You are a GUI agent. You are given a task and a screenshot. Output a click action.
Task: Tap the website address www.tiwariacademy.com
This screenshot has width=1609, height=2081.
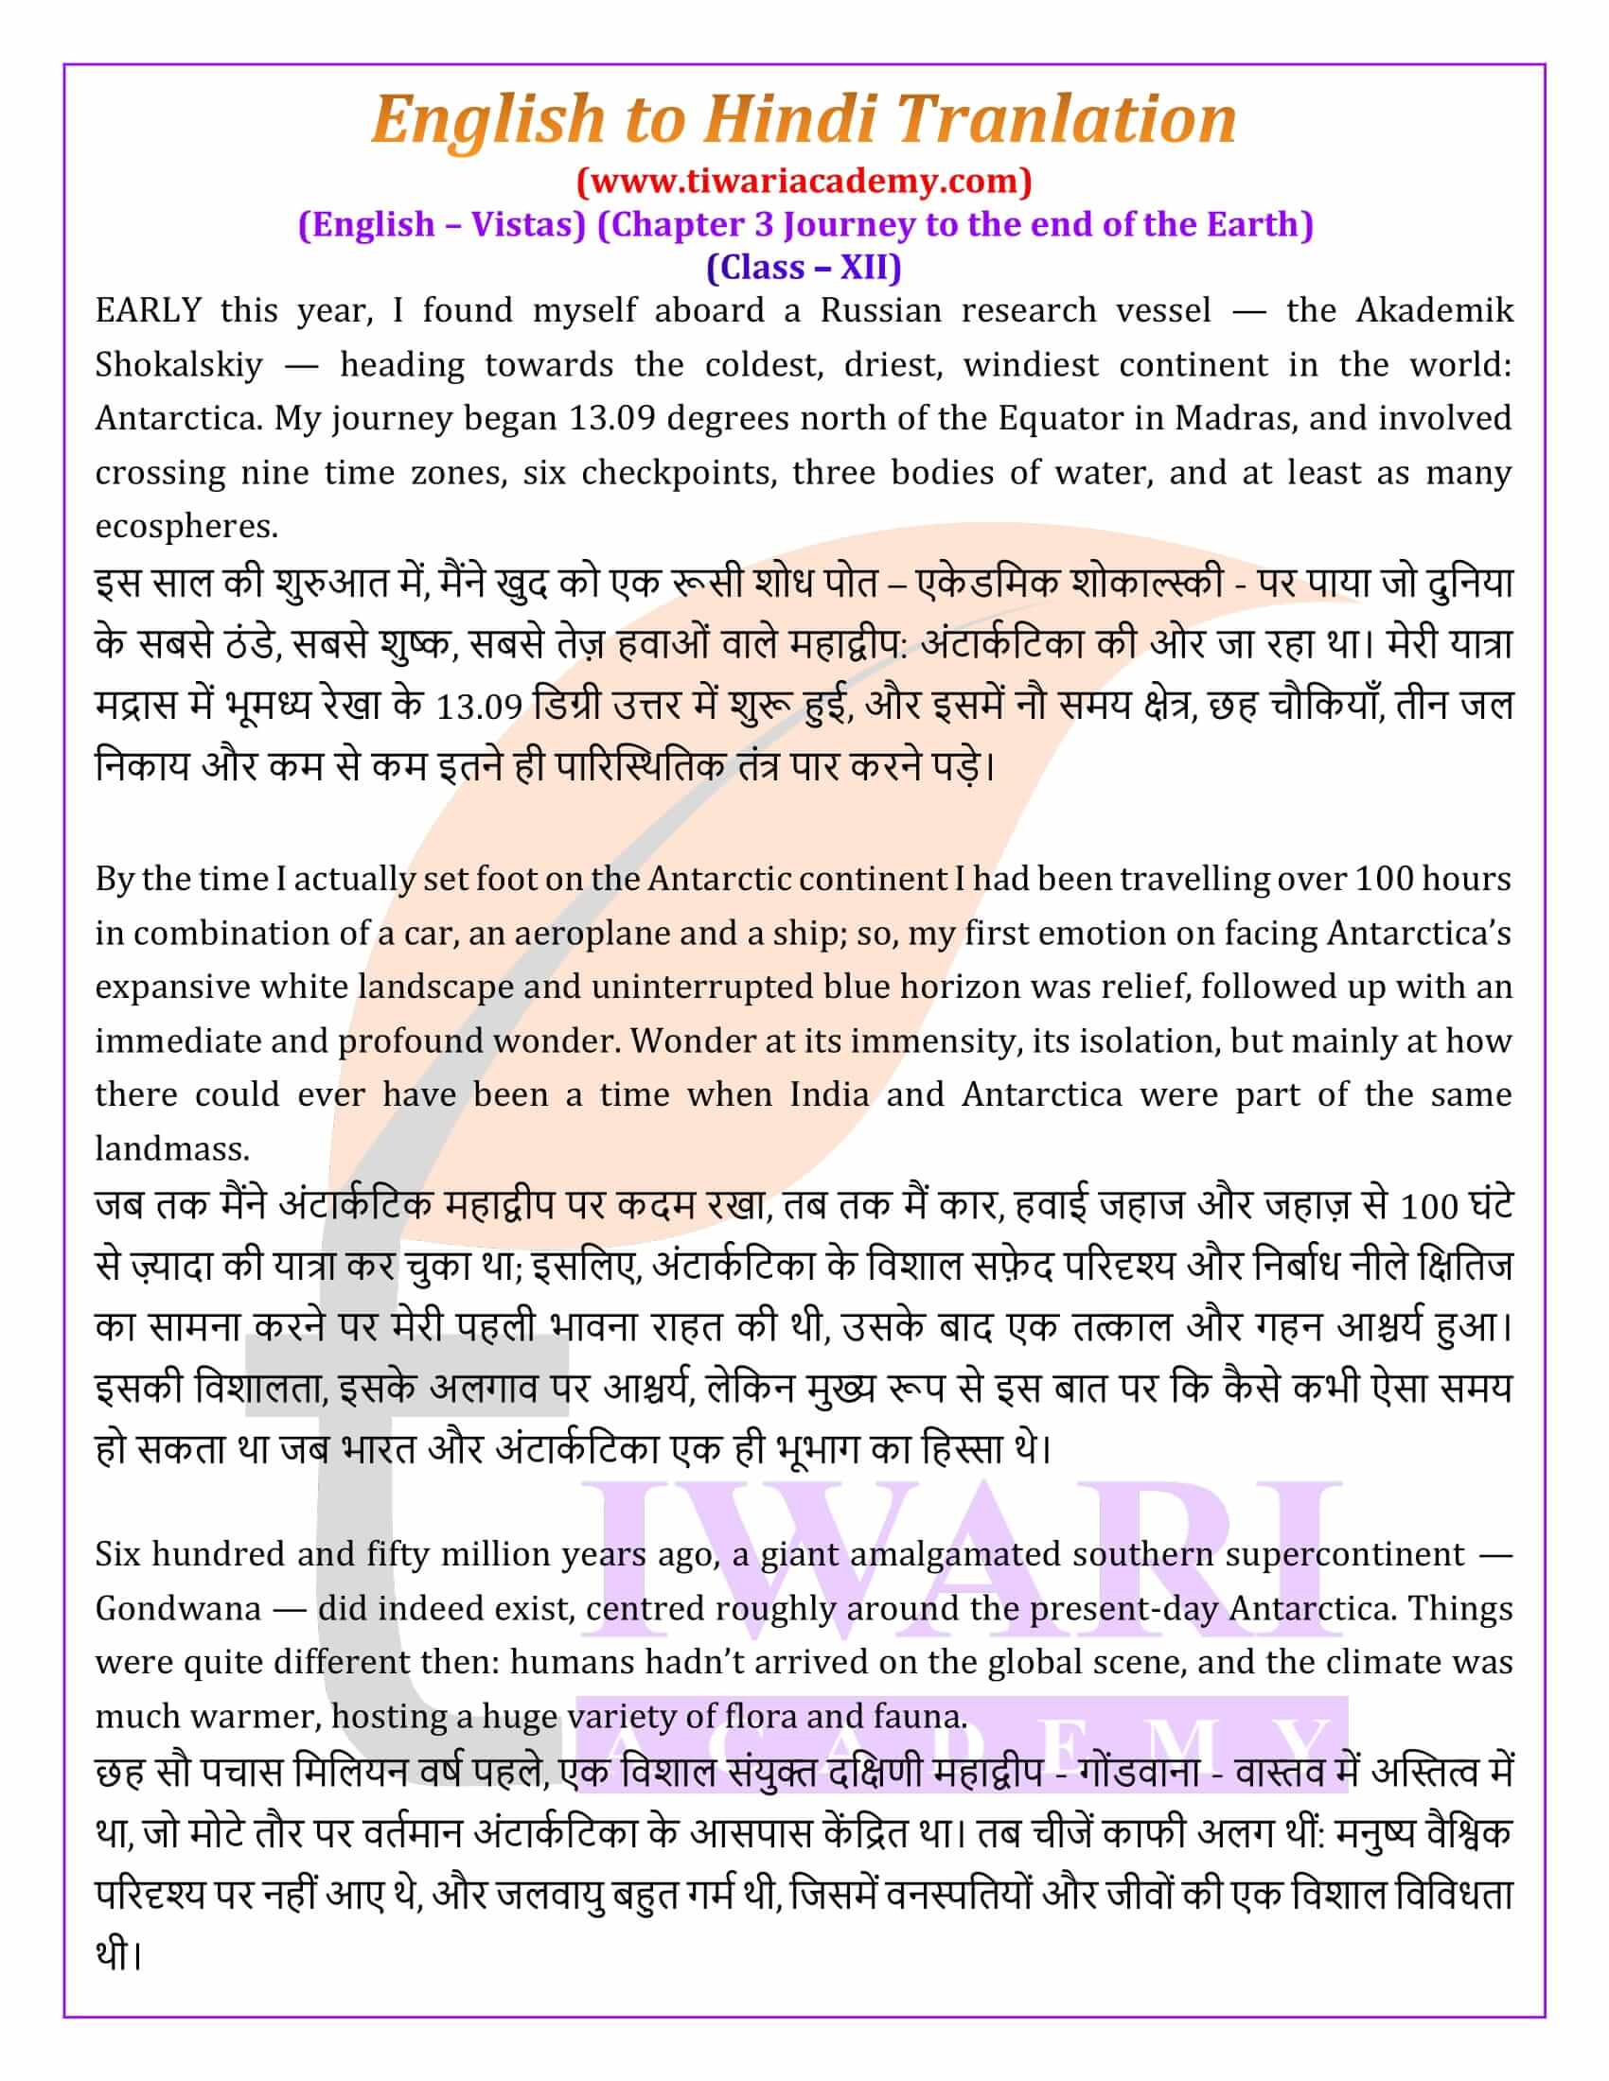804,180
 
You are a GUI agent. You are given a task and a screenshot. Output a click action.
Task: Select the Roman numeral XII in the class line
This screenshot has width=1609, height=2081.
860,267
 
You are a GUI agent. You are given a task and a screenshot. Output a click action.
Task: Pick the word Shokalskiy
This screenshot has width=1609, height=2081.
178,365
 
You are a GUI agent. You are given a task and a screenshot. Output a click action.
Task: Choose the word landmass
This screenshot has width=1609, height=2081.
171,1149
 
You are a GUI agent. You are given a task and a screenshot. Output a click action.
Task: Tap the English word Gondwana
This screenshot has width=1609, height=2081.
177,1608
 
